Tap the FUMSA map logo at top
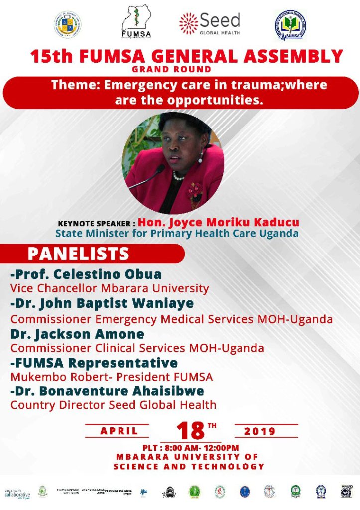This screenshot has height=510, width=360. (136, 22)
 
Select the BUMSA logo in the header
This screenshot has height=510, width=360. (290, 25)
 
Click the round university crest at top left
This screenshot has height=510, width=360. (68, 24)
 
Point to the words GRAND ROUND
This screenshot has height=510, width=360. (171, 69)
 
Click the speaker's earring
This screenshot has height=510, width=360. (200, 159)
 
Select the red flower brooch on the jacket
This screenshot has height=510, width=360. (194, 191)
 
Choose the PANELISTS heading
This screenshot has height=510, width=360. (78, 254)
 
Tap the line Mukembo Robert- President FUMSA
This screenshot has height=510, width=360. (112, 377)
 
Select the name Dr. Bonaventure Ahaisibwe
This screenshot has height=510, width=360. (107, 391)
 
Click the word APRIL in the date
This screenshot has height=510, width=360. (119, 431)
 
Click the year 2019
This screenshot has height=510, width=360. (260, 431)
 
